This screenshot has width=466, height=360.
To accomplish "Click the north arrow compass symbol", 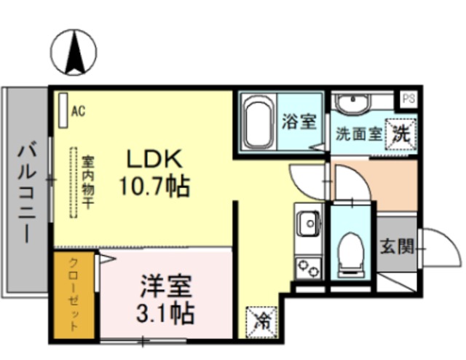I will click(x=74, y=52).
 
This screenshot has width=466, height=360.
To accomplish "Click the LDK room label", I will click(x=154, y=159).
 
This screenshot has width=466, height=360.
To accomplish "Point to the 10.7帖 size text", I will click(x=154, y=187).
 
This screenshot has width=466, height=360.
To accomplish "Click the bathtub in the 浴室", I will click(x=258, y=120).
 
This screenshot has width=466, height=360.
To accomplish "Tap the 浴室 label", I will click(x=299, y=122).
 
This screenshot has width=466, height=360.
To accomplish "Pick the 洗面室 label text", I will click(x=359, y=134).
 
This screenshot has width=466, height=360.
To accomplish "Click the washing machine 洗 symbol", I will click(x=400, y=133).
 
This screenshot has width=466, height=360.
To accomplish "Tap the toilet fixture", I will click(x=352, y=251).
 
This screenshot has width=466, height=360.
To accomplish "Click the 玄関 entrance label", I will click(x=396, y=246).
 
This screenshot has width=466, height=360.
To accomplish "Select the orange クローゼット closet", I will click(x=74, y=296).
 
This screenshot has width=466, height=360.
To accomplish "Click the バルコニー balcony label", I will click(x=27, y=194).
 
